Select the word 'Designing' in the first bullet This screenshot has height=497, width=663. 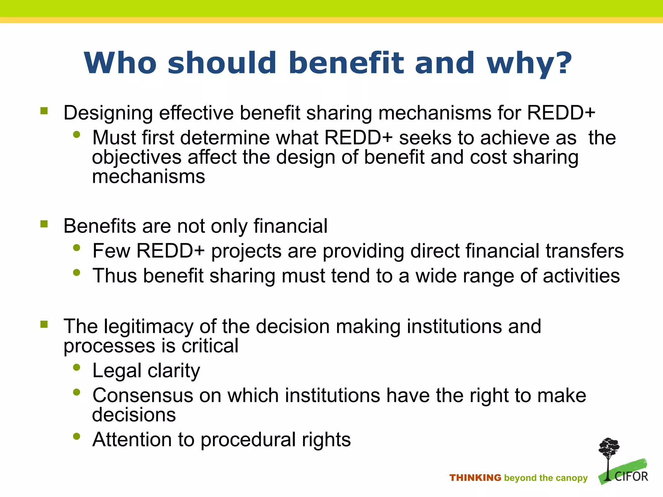(108, 114)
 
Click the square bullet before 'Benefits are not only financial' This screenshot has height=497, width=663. (44, 224)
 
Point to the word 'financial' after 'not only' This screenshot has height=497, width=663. (290, 226)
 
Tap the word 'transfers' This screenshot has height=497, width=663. (585, 251)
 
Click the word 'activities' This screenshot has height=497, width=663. (581, 276)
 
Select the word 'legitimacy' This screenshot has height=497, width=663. (148, 326)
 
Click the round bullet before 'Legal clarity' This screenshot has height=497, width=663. (77, 367)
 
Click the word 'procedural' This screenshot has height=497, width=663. (248, 440)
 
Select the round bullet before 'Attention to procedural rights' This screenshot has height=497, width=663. (77, 436)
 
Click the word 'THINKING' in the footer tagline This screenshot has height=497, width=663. (475, 478)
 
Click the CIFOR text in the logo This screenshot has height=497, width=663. (631, 477)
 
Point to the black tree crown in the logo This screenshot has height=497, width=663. (609, 447)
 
